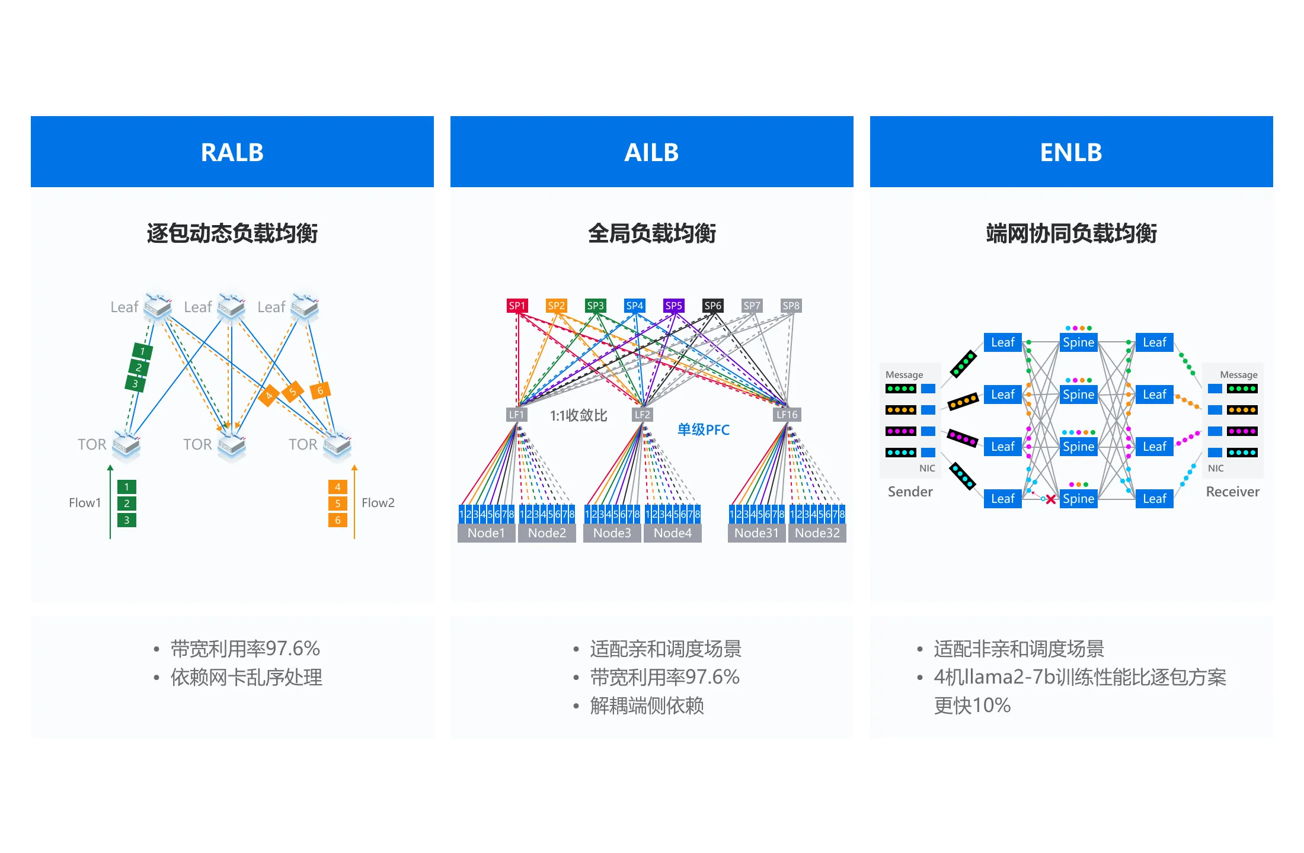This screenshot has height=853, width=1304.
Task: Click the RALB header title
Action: [x=232, y=152]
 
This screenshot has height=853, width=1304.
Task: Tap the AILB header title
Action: [x=651, y=152]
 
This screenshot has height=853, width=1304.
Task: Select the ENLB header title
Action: [x=1071, y=152]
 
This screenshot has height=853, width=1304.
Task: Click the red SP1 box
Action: [x=517, y=306]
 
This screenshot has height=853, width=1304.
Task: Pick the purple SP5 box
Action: [x=673, y=306]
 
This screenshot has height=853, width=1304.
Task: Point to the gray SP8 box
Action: [x=791, y=306]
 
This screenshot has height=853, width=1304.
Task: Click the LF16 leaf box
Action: [x=787, y=415]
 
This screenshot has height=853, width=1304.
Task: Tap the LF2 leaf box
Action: [x=643, y=415]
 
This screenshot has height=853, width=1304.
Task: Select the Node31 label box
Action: [x=756, y=533]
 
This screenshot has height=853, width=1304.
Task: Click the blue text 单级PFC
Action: [x=704, y=429]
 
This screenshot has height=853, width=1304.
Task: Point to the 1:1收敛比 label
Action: [x=579, y=415]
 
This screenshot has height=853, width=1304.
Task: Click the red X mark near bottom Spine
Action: [x=1051, y=499]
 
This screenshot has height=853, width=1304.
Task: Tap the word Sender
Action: [x=910, y=492]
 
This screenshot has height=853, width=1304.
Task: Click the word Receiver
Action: [x=1232, y=492]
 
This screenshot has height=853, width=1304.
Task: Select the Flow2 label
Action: [x=378, y=503]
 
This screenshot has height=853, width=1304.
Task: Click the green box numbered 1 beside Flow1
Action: [x=127, y=487]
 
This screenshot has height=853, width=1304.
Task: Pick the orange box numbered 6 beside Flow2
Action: [x=338, y=520]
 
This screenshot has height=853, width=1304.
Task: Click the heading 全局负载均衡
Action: [x=651, y=233]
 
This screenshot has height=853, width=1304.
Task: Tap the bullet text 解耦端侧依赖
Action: [x=647, y=706]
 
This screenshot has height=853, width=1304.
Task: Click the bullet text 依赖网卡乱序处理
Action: [x=247, y=677]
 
